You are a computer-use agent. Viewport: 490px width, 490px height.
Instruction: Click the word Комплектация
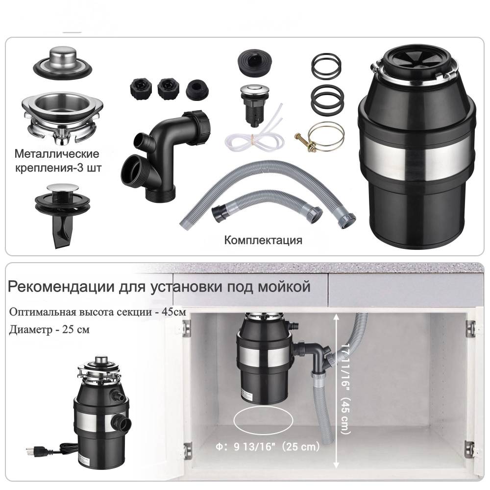click(x=263, y=240)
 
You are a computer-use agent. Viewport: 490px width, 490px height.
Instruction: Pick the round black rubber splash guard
click(x=255, y=62)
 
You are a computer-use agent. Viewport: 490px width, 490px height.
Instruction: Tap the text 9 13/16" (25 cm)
click(x=276, y=446)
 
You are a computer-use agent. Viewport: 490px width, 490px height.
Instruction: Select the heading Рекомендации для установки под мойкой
click(x=159, y=286)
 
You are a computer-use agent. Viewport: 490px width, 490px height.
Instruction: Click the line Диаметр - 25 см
click(x=49, y=330)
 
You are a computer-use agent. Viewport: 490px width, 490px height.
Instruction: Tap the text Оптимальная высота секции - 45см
click(x=98, y=312)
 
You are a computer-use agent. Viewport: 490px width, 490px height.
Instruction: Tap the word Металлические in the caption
click(x=57, y=154)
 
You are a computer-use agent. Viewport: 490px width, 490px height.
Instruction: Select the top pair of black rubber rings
click(x=326, y=66)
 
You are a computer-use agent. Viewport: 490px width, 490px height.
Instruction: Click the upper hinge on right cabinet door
click(x=470, y=329)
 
